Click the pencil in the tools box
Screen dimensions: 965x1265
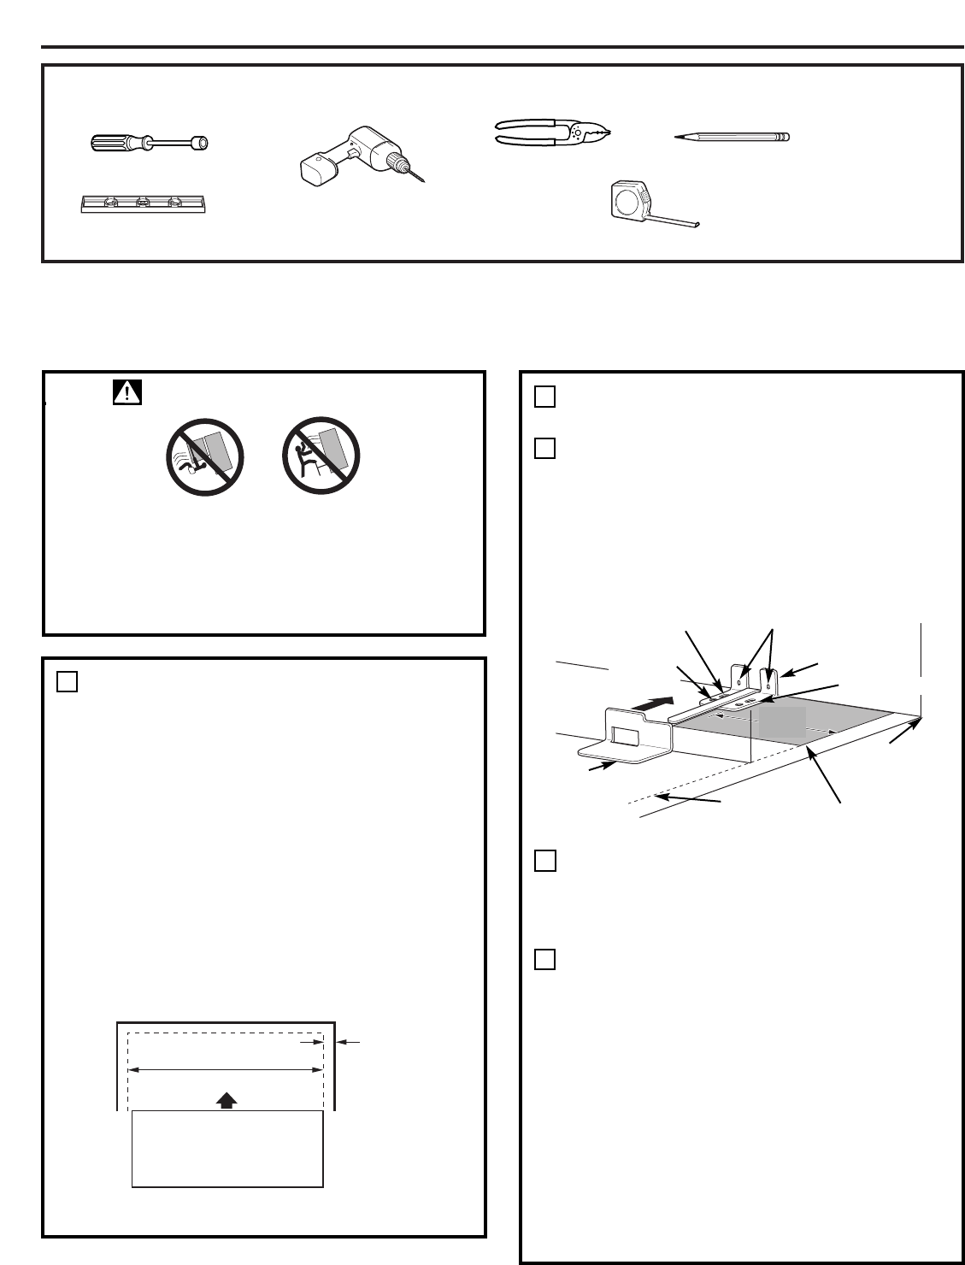(x=732, y=137)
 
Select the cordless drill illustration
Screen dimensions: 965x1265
(x=355, y=154)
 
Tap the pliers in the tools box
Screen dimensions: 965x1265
(x=555, y=132)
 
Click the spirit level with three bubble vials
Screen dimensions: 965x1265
(x=144, y=203)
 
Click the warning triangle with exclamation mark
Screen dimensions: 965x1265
(x=126, y=392)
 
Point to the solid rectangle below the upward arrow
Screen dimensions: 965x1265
(x=227, y=1149)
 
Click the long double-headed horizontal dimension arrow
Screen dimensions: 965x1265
(x=225, y=1068)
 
